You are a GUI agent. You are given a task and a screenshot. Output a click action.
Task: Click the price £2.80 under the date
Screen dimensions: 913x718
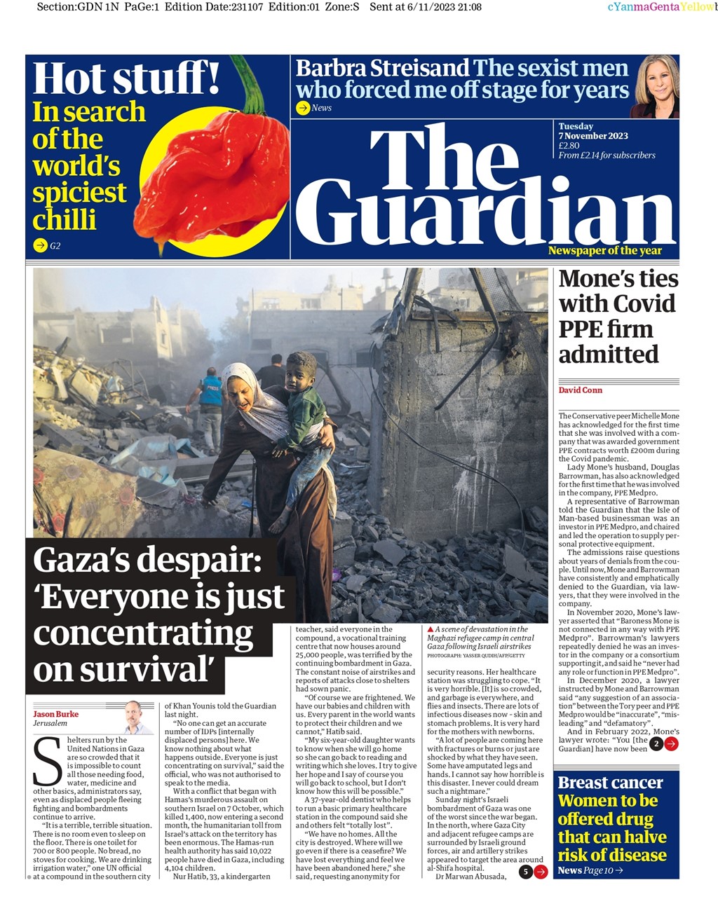pos(569,146)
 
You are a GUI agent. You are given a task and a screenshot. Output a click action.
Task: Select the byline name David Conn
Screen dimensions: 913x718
pos(580,390)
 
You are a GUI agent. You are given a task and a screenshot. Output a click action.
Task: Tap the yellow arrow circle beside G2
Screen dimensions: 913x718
pos(40,245)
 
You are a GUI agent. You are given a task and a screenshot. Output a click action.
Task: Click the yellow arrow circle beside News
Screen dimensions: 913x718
pos(303,108)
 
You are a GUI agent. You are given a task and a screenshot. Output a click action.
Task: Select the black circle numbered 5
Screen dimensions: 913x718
pos(525,872)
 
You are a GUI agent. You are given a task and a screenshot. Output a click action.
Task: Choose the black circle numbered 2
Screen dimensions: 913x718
pos(656,743)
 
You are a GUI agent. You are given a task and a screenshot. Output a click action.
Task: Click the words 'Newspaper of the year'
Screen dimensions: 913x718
pos(604,251)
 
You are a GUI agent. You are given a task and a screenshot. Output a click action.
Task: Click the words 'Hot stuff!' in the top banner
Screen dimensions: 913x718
pos(126,78)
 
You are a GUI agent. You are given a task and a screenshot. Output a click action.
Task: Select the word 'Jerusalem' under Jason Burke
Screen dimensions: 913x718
pos(50,723)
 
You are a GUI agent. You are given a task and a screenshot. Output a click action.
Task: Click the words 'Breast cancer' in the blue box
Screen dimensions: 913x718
pos(610,783)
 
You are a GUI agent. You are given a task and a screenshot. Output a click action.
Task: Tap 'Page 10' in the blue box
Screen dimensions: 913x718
pos(598,870)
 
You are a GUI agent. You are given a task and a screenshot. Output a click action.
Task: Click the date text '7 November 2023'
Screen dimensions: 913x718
pos(593,136)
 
